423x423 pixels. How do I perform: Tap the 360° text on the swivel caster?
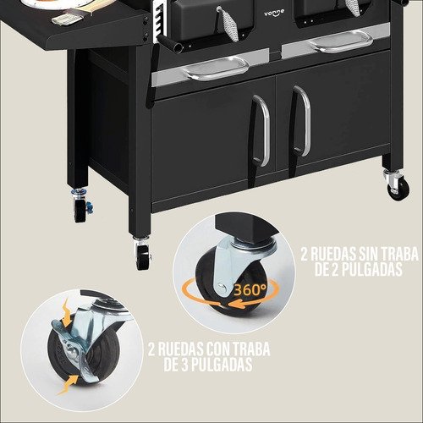(x=250, y=289)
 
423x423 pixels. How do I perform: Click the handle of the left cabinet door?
(x=261, y=131)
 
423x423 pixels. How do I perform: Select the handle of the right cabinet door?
(x=302, y=121)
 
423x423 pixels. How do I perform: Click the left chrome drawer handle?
(x=216, y=69)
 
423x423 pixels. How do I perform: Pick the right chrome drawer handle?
(x=341, y=41)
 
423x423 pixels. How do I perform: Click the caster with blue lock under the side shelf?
(x=81, y=206)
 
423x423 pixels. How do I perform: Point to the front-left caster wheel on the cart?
(x=143, y=253)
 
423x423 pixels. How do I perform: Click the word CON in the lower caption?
(x=218, y=349)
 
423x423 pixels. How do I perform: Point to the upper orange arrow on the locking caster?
(x=67, y=314)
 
